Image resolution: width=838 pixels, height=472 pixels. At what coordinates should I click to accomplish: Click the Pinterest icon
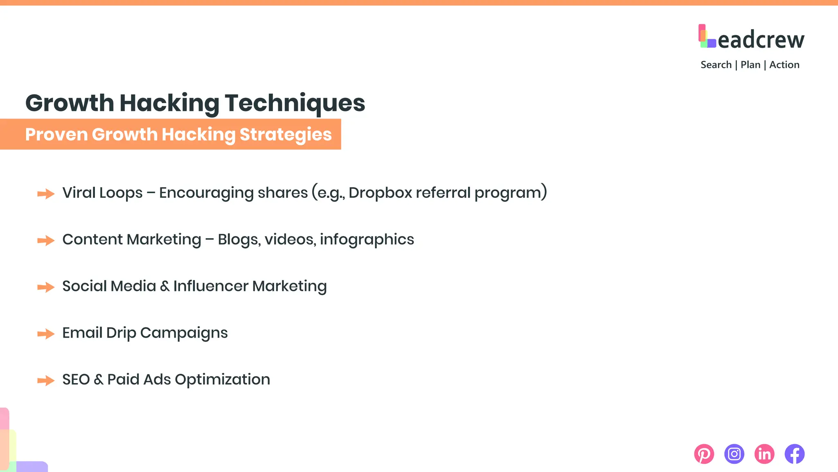tap(704, 454)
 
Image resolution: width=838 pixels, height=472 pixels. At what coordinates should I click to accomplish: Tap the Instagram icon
tap(734, 454)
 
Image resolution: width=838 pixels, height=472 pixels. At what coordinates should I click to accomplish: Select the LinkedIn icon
tap(764, 454)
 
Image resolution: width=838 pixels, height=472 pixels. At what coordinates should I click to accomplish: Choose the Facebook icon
tap(795, 454)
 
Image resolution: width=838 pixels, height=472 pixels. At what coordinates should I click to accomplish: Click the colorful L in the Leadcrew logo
tap(707, 36)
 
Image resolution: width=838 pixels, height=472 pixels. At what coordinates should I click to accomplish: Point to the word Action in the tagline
tap(784, 65)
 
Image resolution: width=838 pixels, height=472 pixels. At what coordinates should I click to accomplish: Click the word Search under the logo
tap(716, 65)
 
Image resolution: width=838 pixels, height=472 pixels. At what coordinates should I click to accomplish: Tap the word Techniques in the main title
tap(295, 103)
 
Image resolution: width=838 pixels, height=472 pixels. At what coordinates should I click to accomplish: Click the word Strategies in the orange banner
tap(286, 134)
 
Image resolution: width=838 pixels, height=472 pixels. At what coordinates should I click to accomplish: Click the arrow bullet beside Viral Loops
tap(46, 194)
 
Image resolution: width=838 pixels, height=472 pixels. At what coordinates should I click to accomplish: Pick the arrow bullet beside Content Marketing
tap(46, 241)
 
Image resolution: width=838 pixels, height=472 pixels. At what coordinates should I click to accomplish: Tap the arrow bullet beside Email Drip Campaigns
tap(46, 334)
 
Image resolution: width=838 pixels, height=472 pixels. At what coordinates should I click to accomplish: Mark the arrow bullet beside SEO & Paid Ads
tap(46, 381)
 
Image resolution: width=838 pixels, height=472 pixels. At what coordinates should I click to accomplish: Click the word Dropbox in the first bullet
tap(380, 193)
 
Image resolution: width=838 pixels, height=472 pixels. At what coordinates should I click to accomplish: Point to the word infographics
tap(367, 240)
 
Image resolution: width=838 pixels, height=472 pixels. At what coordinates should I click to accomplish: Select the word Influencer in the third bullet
tap(210, 286)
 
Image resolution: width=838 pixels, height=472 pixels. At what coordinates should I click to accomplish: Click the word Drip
tap(121, 333)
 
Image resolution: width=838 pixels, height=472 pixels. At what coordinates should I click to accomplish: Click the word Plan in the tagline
tap(750, 65)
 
